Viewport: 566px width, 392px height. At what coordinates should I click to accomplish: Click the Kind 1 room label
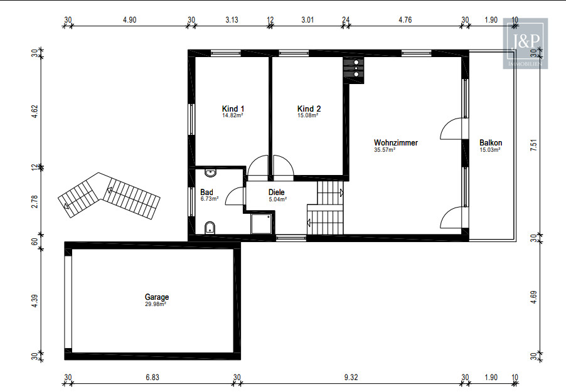(233, 109)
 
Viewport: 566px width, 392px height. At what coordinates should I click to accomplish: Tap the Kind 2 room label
(309, 109)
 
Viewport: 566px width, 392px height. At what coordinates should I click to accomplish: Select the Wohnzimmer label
(395, 142)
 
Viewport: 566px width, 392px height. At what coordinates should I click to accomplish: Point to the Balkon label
(491, 142)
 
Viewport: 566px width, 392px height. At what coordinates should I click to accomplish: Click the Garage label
(157, 297)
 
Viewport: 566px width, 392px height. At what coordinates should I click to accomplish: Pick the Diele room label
(276, 193)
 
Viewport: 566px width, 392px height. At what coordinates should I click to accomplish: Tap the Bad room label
(206, 193)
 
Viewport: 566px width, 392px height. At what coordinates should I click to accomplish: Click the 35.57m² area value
(385, 150)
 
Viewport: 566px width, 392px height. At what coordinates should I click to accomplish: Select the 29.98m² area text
(155, 304)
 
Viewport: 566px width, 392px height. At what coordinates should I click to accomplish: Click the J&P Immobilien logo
(525, 44)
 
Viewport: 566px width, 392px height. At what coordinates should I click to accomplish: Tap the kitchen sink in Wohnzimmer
(354, 68)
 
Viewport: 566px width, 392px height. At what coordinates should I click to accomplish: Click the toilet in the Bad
(210, 228)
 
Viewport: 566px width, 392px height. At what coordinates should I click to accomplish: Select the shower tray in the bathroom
(261, 223)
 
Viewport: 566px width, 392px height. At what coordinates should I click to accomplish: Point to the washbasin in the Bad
(210, 172)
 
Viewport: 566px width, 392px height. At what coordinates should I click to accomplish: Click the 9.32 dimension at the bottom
(351, 377)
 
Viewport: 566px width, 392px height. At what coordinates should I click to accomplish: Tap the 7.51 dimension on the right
(534, 145)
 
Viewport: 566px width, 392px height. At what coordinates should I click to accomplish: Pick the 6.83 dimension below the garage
(152, 377)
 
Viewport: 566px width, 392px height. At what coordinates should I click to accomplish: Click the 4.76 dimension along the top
(405, 20)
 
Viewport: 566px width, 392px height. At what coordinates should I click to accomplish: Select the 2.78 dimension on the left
(35, 201)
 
